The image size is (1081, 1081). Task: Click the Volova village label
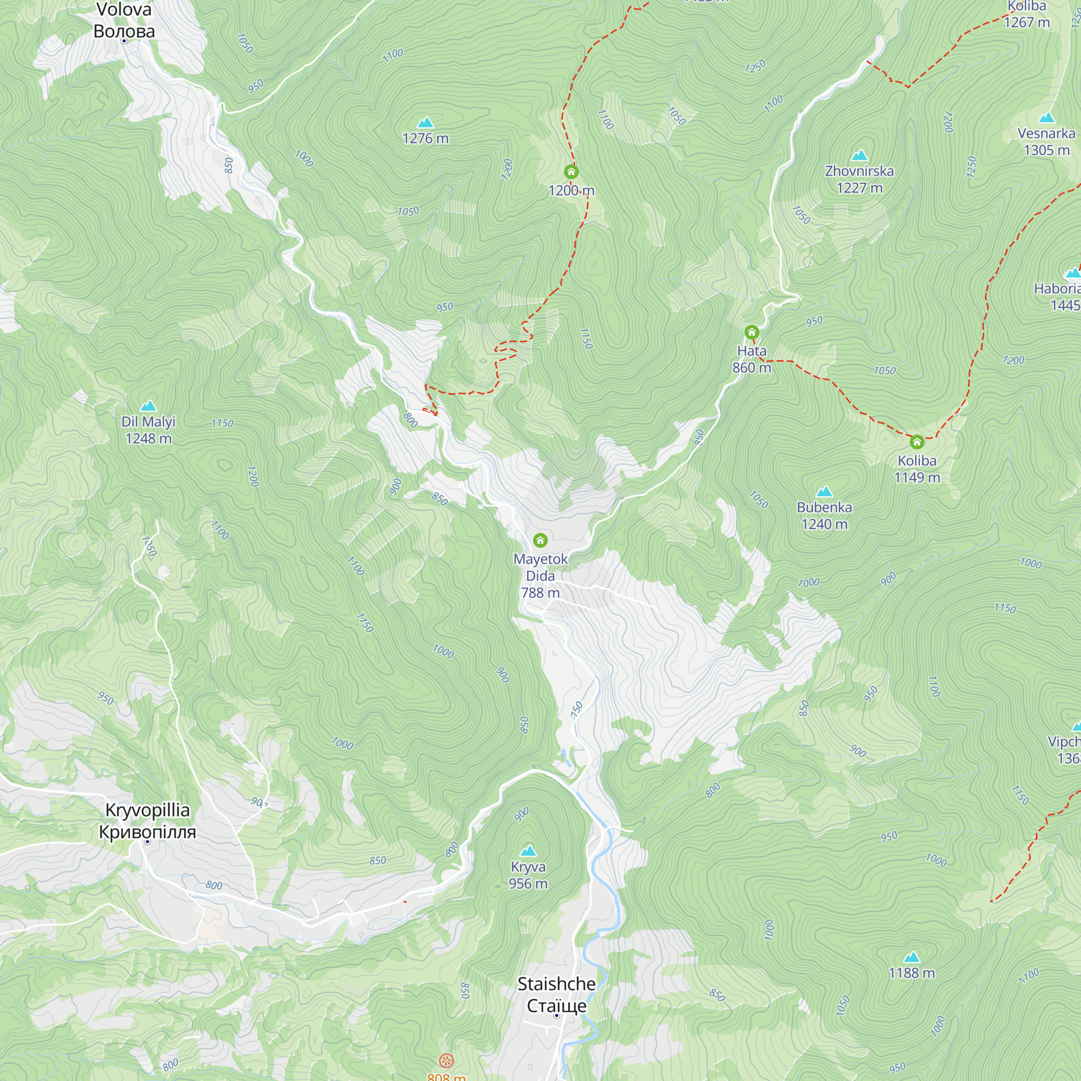(124, 20)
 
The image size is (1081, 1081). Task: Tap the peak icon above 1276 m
(425, 123)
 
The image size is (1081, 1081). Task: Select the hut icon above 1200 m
(571, 171)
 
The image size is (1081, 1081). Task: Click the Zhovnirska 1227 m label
(859, 179)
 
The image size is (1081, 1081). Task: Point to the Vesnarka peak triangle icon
(1046, 118)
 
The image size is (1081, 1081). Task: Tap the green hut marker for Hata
(751, 332)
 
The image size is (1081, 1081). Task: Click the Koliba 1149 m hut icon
(917, 442)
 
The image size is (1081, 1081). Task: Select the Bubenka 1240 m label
(824, 515)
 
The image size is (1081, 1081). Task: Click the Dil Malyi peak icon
(148, 406)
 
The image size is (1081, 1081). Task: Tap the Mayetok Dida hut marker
(540, 540)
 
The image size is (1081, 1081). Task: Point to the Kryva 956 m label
(528, 875)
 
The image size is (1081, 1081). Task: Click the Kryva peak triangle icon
(528, 852)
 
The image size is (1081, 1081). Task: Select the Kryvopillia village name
(148, 821)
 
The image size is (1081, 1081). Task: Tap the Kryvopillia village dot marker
(148, 842)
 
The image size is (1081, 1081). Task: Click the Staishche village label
(556, 995)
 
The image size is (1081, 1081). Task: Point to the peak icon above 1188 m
(911, 957)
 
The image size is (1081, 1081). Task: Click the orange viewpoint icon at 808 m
(446, 1060)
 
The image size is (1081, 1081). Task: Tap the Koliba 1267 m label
(1027, 15)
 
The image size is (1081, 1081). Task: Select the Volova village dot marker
(124, 41)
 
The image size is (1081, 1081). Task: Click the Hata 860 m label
(751, 359)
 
